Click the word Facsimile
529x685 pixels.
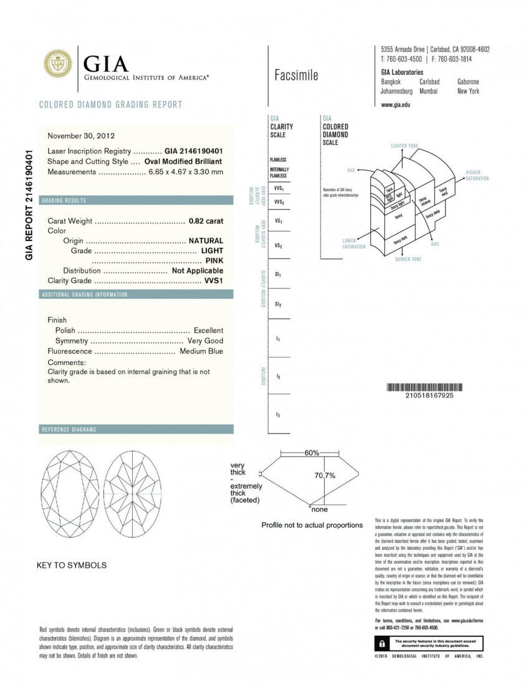296,76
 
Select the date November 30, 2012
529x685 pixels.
81,135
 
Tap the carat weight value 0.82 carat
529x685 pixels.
206,220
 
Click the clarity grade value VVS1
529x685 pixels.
214,280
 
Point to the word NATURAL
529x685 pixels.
206,240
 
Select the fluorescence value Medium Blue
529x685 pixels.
201,351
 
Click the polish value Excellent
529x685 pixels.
208,330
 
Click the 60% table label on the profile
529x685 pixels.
312,453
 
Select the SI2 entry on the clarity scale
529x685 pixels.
278,304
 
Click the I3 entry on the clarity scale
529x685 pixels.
278,414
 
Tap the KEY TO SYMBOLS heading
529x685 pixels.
72,565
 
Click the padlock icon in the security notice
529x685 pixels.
378,642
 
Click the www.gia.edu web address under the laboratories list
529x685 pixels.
395,105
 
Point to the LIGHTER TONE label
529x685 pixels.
404,146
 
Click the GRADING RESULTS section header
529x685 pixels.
64,201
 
